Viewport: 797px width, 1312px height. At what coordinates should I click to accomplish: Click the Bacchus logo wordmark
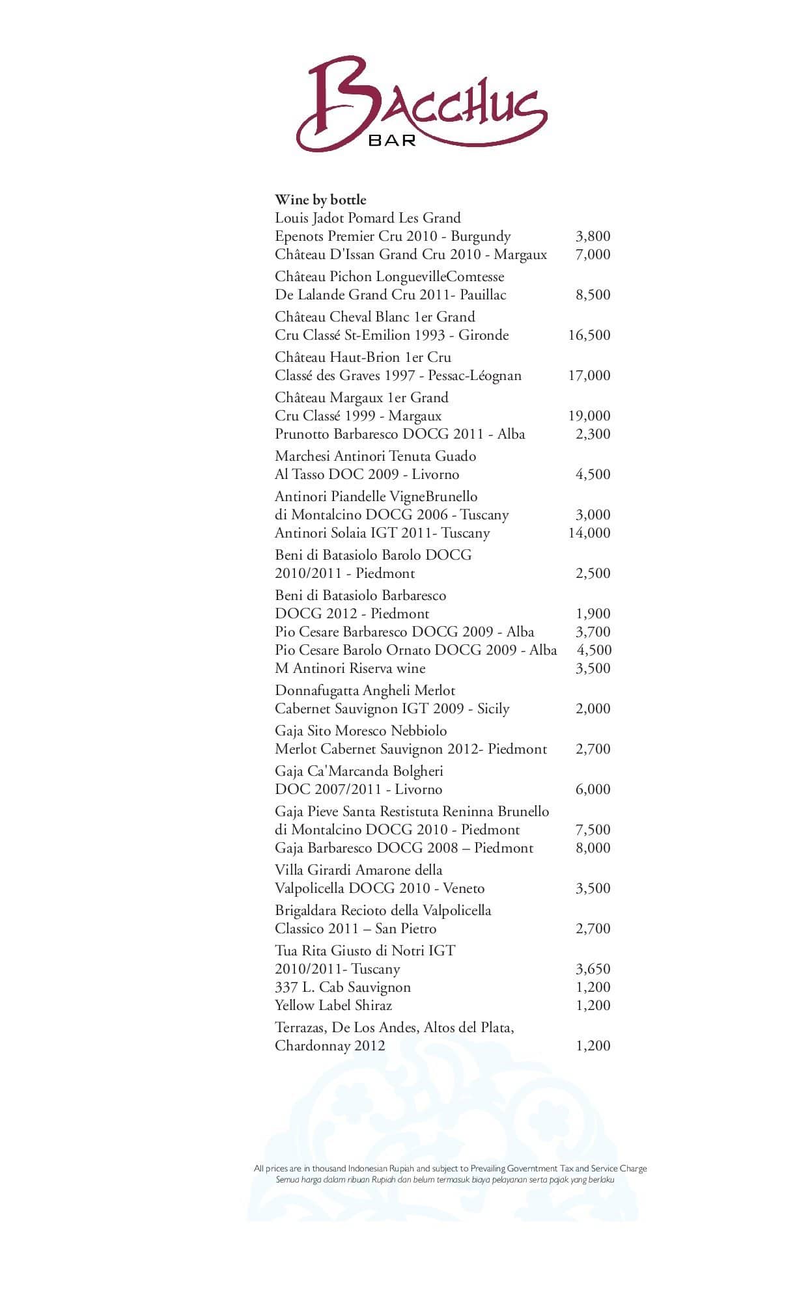(422, 104)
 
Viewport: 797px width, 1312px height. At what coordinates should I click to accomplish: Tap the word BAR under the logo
(392, 140)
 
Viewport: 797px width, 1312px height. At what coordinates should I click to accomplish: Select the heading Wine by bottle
(320, 200)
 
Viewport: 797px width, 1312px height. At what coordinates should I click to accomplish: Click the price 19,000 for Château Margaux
(589, 416)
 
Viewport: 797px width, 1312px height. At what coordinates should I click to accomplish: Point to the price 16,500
(589, 335)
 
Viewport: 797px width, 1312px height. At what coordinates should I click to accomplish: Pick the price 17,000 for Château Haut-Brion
(589, 376)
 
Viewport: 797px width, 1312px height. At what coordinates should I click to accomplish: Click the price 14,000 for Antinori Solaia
(589, 533)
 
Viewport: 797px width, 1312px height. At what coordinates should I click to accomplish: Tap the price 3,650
(593, 969)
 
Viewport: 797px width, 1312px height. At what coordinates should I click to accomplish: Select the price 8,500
(593, 295)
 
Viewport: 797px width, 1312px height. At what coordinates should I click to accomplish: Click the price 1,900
(593, 614)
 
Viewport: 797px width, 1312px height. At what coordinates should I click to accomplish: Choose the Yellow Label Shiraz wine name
(333, 1005)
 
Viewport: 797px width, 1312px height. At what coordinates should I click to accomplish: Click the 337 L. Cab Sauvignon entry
(343, 987)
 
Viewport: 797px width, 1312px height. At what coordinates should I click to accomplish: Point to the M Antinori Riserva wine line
(350, 668)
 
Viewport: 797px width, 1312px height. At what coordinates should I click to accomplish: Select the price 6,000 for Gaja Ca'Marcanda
(593, 789)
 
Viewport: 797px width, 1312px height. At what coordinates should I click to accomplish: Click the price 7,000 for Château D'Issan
(593, 254)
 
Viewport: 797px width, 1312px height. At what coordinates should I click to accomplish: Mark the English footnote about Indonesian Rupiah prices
(450, 1168)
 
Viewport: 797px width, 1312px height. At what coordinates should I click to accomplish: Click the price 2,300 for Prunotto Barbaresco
(593, 434)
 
